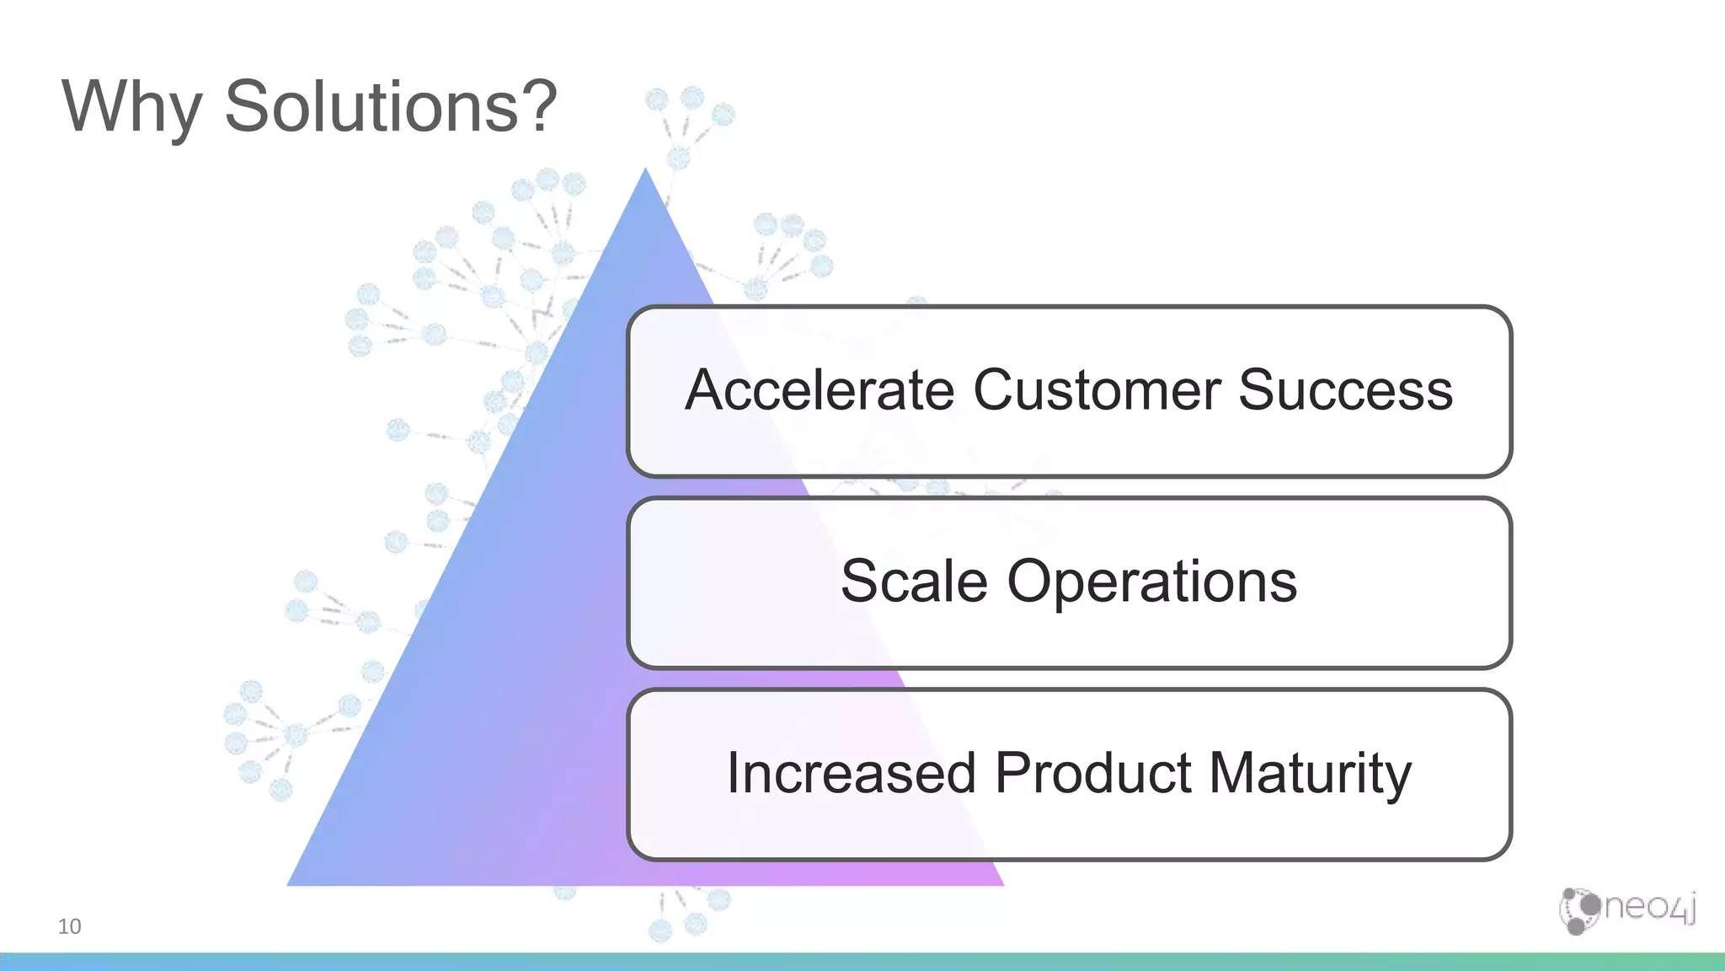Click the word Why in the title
point(131,107)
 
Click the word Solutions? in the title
point(390,107)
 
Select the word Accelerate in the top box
point(819,390)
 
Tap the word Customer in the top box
point(1097,390)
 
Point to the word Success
point(1345,390)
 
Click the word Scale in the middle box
point(914,582)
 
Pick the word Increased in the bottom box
point(851,773)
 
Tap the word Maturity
point(1311,775)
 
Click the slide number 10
point(69,926)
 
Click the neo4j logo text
point(1649,908)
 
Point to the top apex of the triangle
point(646,169)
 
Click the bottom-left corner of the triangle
point(289,884)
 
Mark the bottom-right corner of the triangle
point(1002,884)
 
